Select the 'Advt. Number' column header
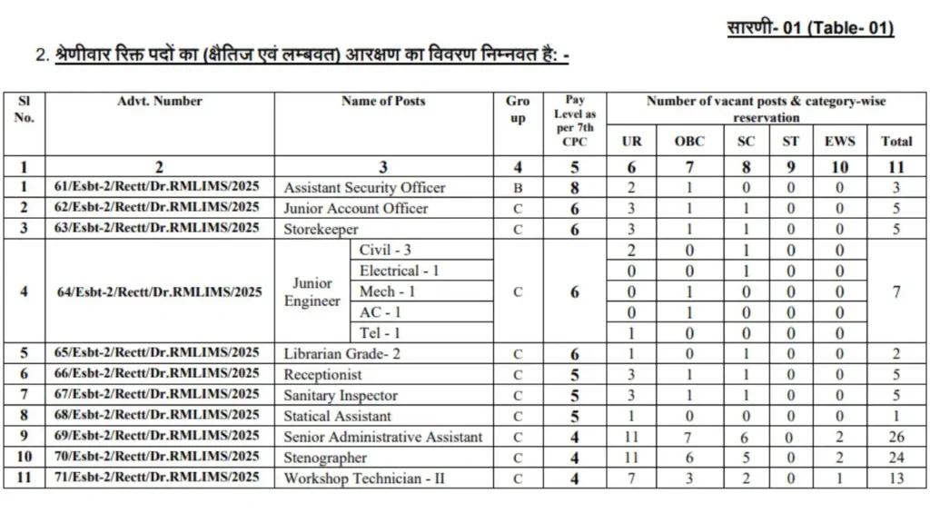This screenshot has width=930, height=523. (x=160, y=101)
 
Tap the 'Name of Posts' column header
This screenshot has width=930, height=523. (x=382, y=101)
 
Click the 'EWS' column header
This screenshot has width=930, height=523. (x=839, y=141)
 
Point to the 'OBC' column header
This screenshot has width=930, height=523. (x=689, y=141)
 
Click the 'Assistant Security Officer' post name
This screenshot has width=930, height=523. (x=364, y=187)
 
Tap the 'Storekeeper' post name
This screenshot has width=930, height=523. (x=321, y=229)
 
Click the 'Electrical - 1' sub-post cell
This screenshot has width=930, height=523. (x=400, y=271)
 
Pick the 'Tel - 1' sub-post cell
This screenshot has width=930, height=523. (x=380, y=333)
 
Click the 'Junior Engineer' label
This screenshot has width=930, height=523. (x=312, y=291)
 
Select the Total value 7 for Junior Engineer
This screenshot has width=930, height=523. (x=896, y=291)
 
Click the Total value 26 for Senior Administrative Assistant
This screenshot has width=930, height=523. (x=896, y=437)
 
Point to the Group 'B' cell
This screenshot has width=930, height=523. (x=518, y=187)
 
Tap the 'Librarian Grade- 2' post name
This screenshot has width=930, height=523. (x=341, y=353)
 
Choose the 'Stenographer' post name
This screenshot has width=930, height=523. (x=325, y=458)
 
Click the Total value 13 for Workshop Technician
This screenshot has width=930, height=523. (x=896, y=479)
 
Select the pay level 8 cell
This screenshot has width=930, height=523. (x=575, y=187)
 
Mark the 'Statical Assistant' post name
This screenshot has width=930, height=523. (x=337, y=416)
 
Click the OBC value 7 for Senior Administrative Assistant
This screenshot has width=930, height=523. (x=689, y=437)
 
